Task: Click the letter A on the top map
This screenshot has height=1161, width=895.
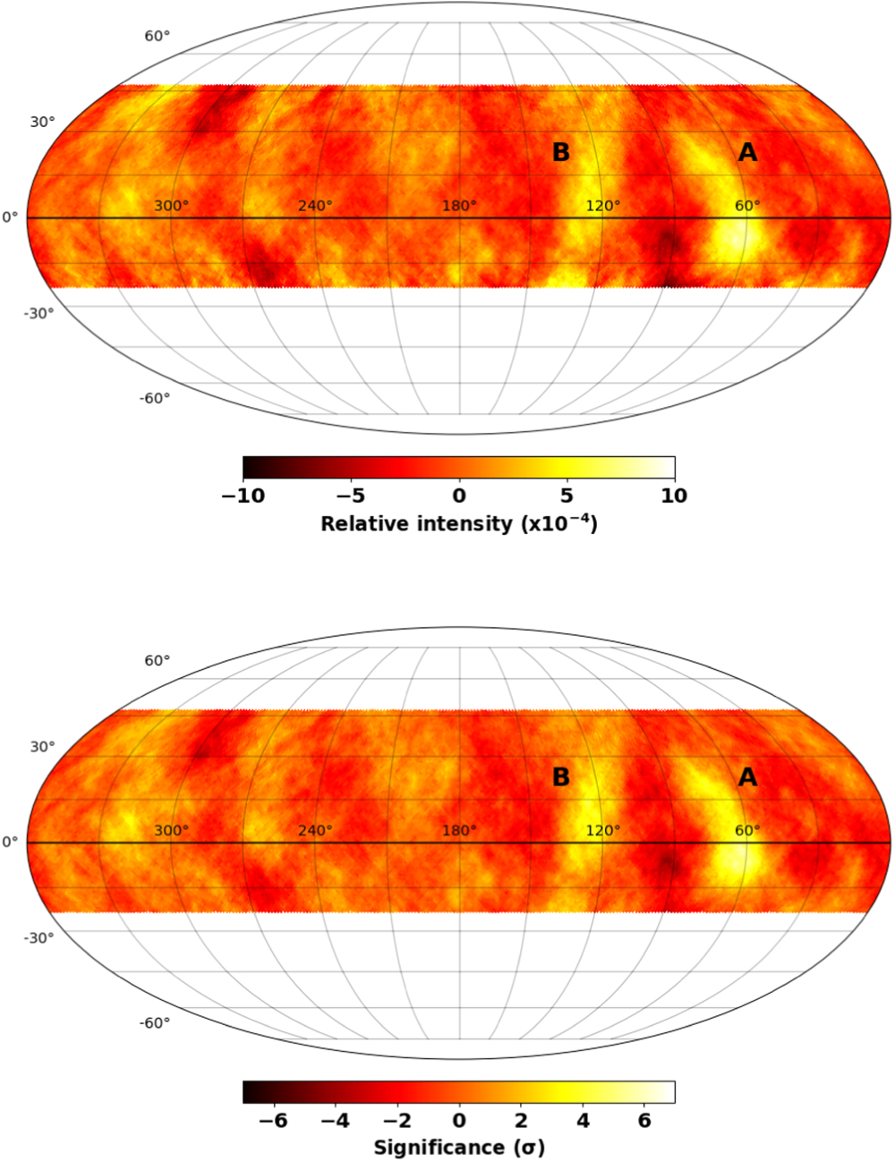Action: click(747, 153)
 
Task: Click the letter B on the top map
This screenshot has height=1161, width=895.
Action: click(561, 153)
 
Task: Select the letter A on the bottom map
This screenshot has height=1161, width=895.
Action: click(747, 778)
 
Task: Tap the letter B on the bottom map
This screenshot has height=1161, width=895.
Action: click(561, 778)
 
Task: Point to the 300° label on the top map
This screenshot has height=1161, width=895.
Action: click(171, 206)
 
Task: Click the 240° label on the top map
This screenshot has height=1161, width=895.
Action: click(315, 206)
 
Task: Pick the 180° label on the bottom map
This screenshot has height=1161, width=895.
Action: click(459, 830)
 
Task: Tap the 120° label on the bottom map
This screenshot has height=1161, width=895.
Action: click(603, 830)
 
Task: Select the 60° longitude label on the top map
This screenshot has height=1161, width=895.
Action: click(747, 206)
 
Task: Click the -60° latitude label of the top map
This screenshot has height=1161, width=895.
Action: click(155, 398)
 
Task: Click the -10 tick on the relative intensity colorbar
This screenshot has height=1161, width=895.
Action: click(243, 496)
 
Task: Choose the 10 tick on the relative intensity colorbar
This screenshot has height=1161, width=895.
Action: click(674, 496)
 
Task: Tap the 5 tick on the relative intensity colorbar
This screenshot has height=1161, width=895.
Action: click(567, 496)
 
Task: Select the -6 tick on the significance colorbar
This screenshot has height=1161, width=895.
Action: click(274, 1120)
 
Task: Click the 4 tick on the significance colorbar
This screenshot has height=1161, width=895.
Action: click(582, 1120)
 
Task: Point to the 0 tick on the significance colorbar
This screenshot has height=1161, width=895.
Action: click(459, 1120)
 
